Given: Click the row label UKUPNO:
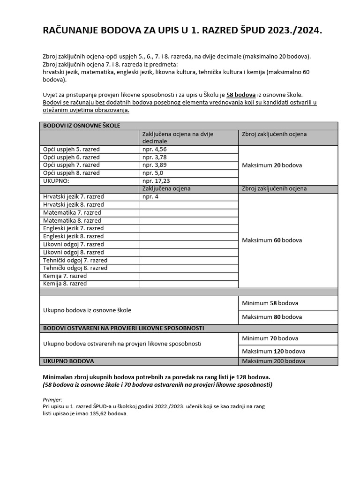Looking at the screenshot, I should pyautogui.click(x=56, y=181).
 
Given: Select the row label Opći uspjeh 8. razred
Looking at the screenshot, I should pyautogui.click(x=71, y=173).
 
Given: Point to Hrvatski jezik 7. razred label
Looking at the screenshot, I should pyautogui.click(x=74, y=197).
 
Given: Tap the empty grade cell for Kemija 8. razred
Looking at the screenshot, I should pyautogui.click(x=188, y=284).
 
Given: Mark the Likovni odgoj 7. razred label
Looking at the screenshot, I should pyautogui.click(x=73, y=244).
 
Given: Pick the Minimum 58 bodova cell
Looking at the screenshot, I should pyautogui.click(x=270, y=303).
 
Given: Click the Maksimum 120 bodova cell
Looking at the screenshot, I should pyautogui.click(x=273, y=351).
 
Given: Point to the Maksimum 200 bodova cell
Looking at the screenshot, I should pyautogui.click(x=273, y=361).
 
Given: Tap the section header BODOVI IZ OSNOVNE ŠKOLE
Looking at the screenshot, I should pyautogui.click(x=82, y=126).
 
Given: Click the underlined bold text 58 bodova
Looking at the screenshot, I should pyautogui.click(x=241, y=95).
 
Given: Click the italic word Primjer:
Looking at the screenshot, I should pyautogui.click(x=52, y=399).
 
